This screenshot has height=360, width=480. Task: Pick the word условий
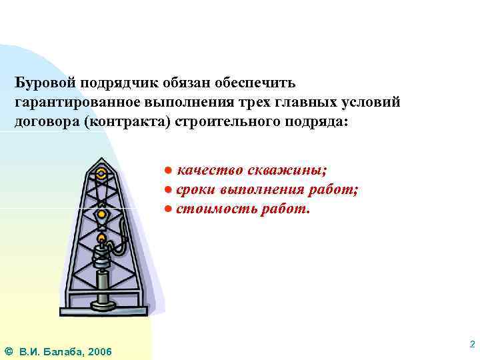(377, 103)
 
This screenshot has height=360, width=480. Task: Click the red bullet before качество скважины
(170, 170)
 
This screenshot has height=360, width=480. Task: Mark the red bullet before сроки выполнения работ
(170, 190)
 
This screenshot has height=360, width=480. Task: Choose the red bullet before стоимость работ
(170, 209)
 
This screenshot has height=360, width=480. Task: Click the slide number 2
(472, 344)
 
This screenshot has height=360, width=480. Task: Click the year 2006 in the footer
(98, 351)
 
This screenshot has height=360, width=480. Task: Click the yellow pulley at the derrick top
(101, 173)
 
